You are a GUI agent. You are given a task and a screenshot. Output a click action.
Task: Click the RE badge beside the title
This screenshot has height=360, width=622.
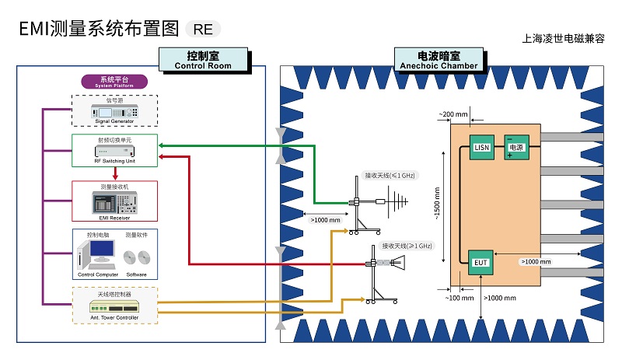pos(203,30)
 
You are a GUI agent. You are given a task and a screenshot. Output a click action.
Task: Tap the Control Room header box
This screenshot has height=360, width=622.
pos(203,60)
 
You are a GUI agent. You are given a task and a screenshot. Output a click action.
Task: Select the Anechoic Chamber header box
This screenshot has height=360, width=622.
pos(439,60)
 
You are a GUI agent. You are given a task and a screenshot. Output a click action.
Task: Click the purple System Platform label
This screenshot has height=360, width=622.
pos(114,82)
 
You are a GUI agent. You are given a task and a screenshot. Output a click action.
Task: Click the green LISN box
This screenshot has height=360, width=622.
pos(482,147)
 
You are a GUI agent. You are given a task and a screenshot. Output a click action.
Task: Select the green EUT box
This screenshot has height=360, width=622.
pos(481,262)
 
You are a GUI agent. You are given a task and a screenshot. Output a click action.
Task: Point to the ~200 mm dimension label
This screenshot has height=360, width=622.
pos(453,114)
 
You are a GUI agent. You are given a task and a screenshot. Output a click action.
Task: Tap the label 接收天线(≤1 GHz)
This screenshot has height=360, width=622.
pos(392,175)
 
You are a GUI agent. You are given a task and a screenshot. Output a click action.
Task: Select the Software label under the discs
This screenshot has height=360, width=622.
pos(136,274)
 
